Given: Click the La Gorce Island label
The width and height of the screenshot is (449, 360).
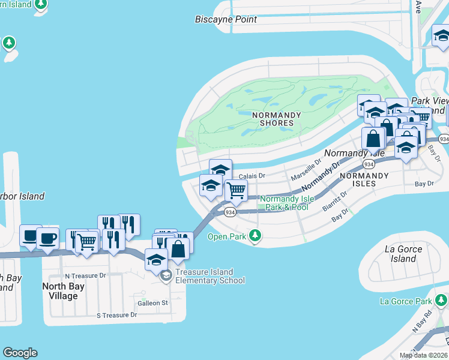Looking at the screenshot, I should tap(403, 254).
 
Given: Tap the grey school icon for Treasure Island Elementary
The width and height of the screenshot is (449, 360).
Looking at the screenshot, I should tap(166, 276).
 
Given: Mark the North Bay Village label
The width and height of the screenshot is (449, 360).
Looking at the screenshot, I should tap(63, 291).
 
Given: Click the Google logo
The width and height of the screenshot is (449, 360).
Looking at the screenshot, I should tap(20, 353).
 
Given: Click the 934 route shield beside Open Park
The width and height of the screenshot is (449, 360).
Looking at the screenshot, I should tap(229, 212).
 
